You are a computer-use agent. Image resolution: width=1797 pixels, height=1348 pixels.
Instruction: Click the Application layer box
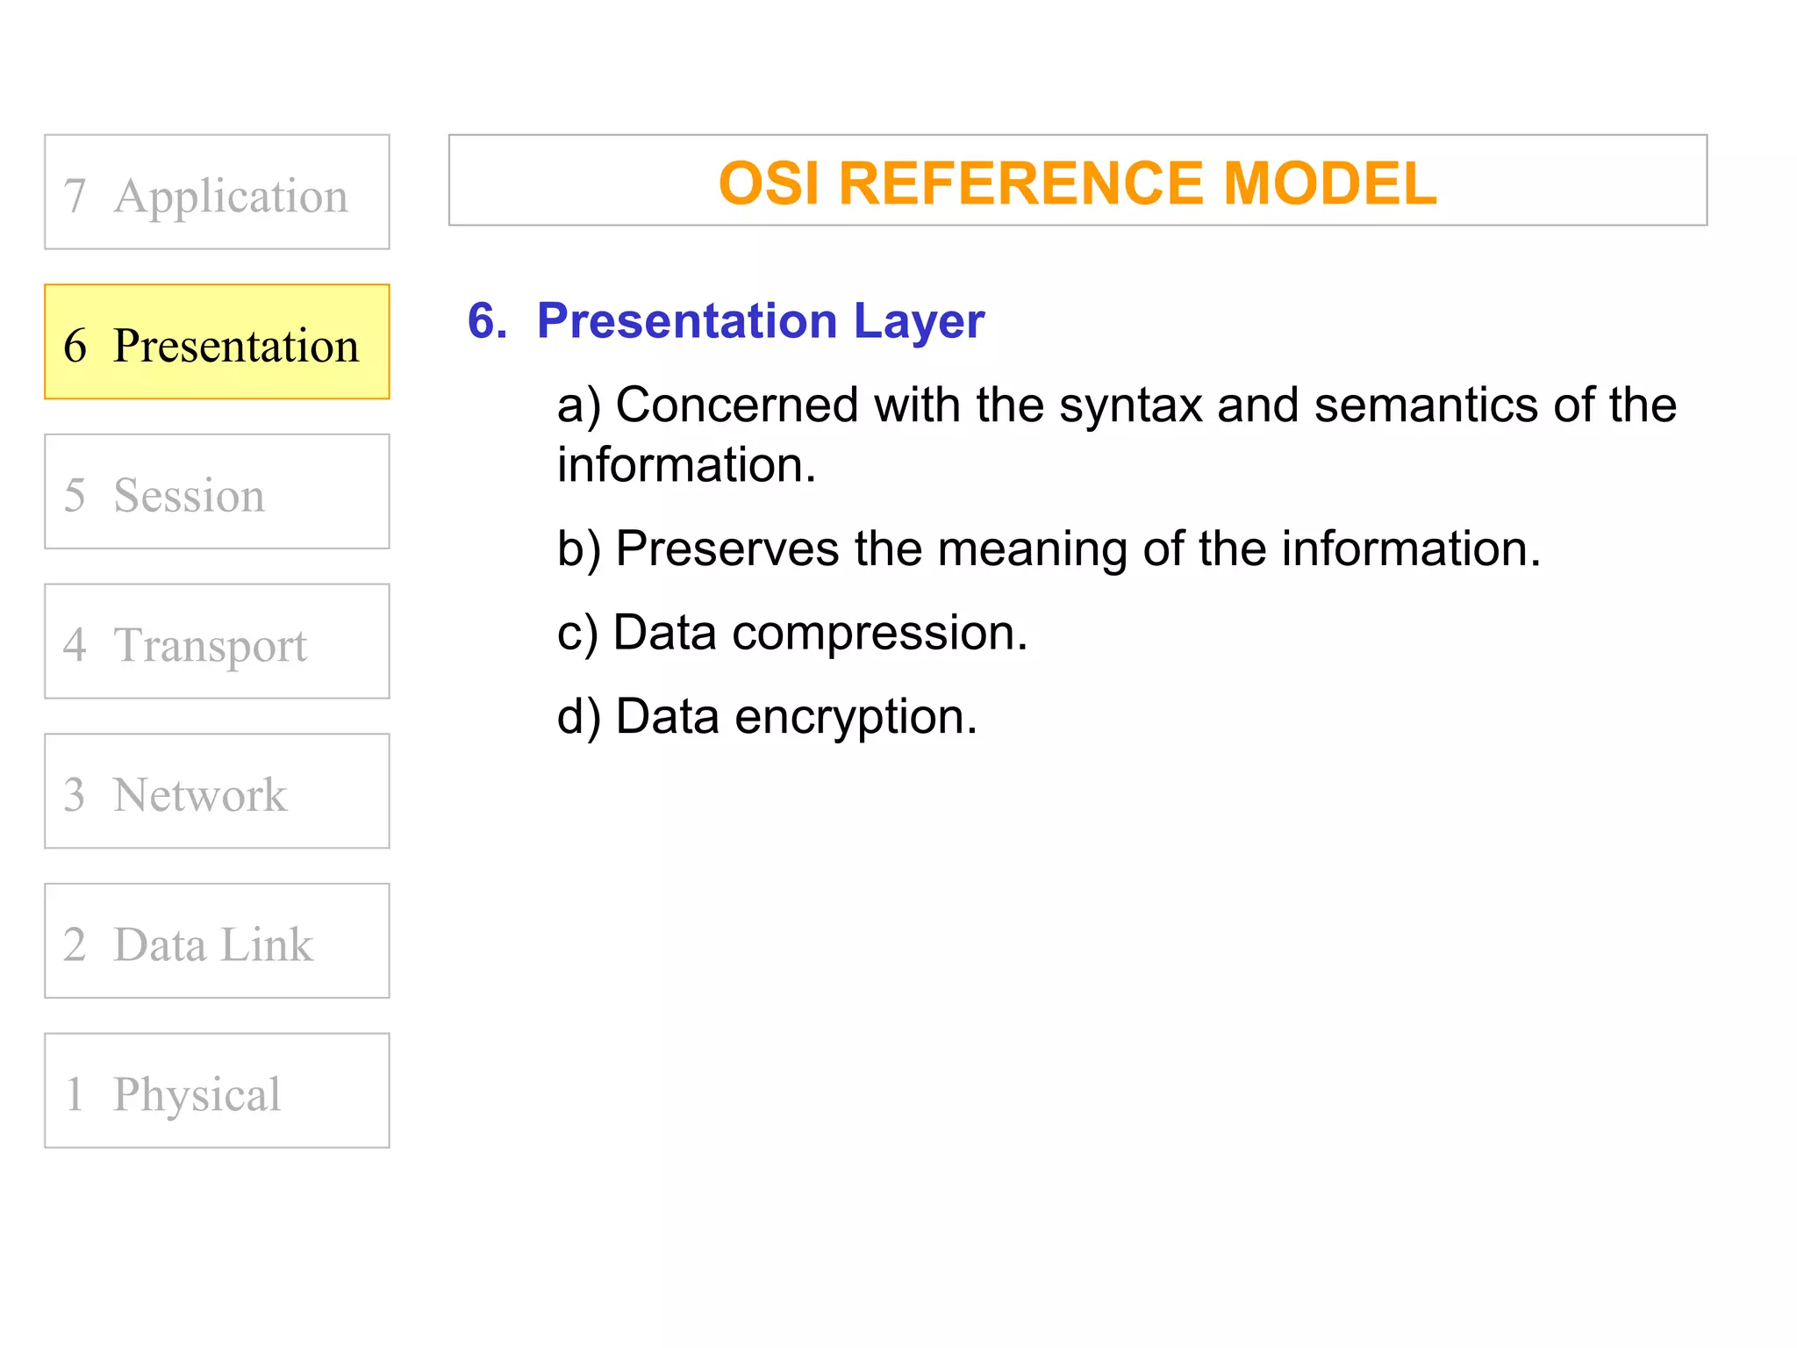[217, 192]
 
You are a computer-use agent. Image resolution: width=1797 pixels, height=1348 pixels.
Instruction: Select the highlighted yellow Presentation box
[217, 342]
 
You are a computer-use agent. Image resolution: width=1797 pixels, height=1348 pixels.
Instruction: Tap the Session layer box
[217, 491]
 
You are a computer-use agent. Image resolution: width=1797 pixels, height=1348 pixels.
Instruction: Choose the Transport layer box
[217, 642]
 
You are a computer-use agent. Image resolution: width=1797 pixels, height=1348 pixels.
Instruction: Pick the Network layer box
[217, 792]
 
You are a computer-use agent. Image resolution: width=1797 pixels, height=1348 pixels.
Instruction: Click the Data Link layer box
[217, 941]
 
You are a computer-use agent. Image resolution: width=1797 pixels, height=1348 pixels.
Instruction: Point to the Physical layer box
[217, 1091]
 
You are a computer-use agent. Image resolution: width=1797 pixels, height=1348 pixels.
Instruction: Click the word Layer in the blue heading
[919, 321]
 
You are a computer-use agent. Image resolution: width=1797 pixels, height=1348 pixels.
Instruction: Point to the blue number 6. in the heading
[487, 321]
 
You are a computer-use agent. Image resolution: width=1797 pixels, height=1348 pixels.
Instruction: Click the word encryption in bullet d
[855, 718]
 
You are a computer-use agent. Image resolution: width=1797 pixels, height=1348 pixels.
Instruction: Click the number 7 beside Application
[75, 195]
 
